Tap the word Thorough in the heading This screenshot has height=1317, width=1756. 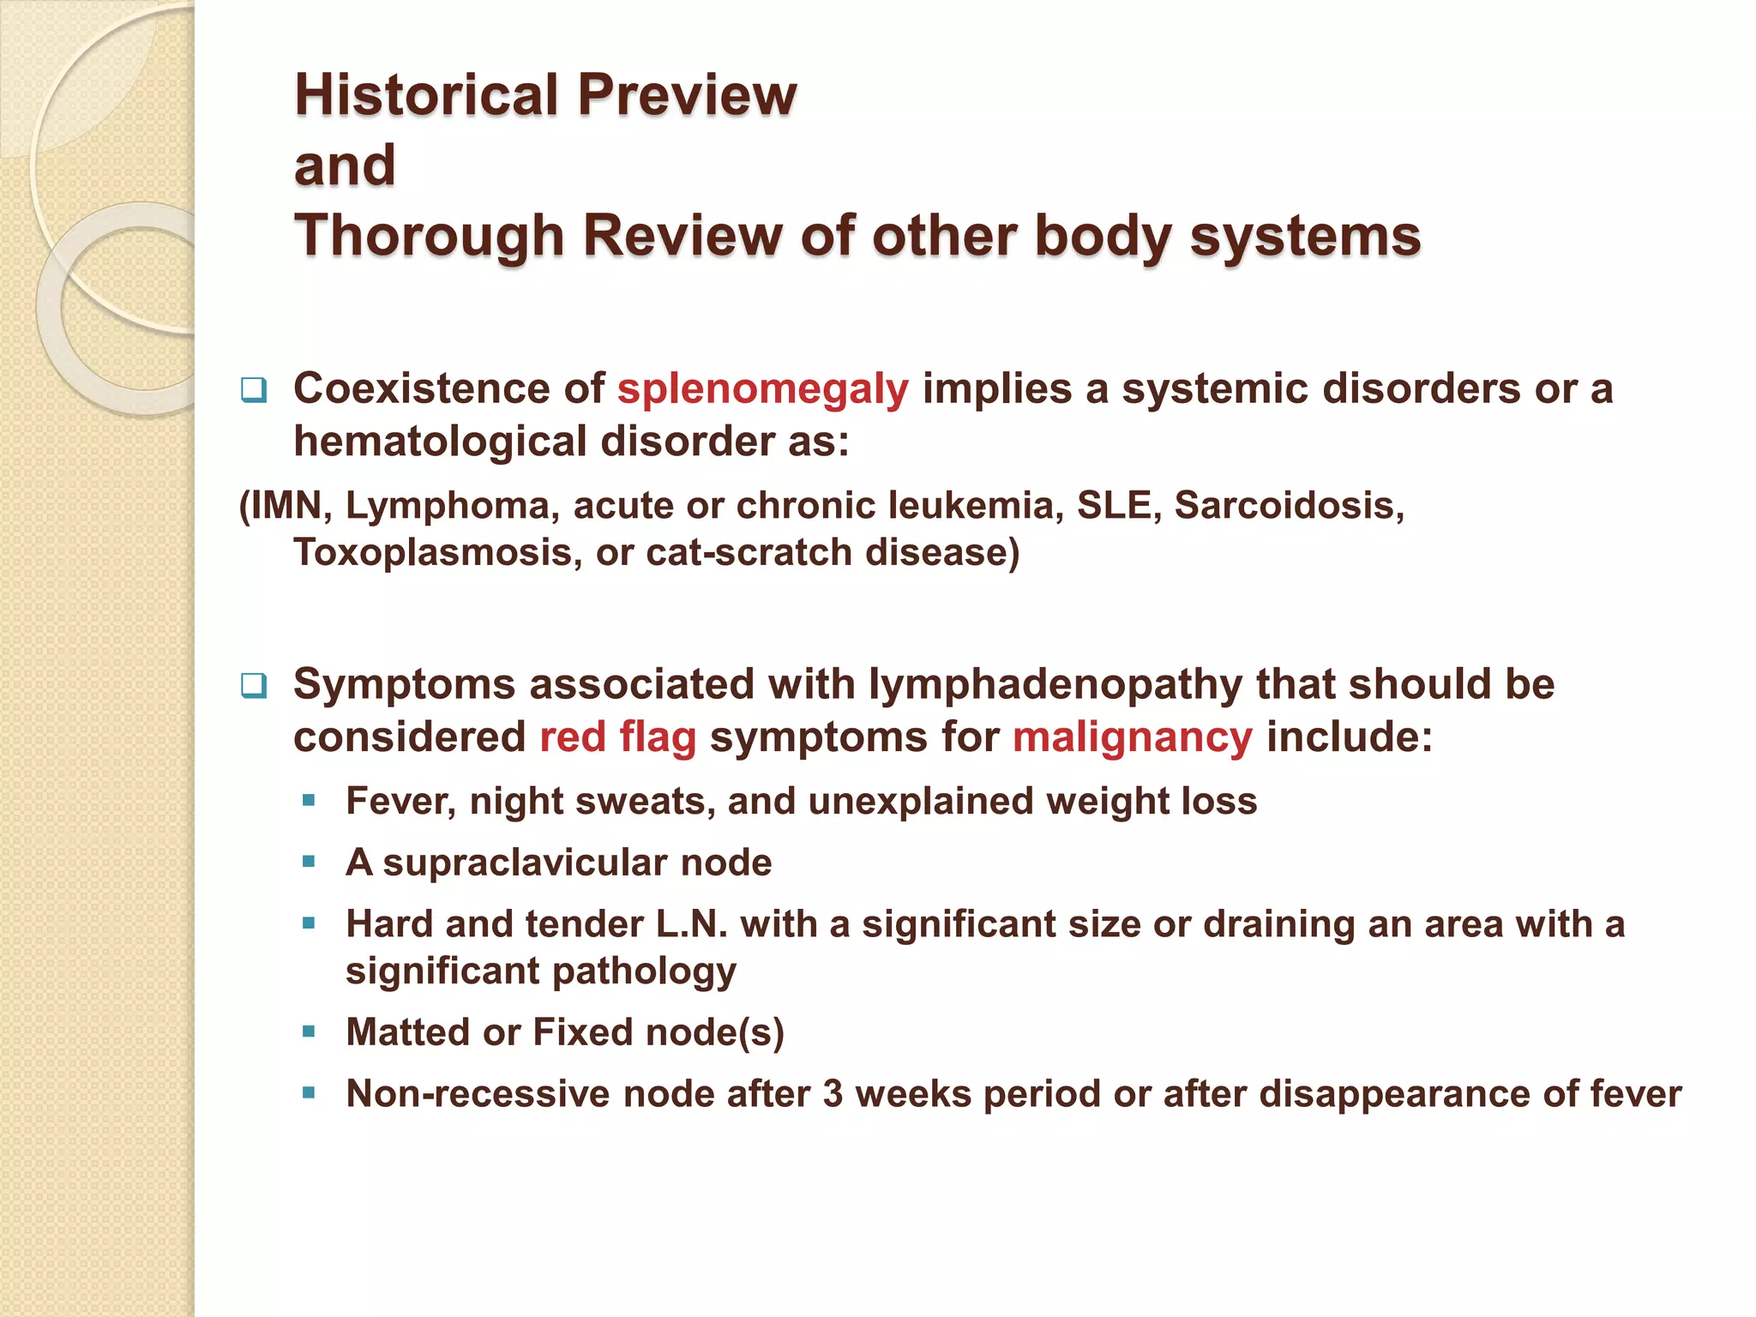pos(429,236)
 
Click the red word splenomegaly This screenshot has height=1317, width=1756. pos(762,389)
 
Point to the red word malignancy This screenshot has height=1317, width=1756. pos(1132,737)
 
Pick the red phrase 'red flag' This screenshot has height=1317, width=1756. pos(617,737)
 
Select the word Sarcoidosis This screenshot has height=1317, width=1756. pos(1289,505)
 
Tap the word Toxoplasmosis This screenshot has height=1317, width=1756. pos(432,552)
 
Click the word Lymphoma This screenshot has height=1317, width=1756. pos(452,505)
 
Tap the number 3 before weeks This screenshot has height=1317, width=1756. pos(833,1094)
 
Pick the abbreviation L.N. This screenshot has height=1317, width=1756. pos(691,924)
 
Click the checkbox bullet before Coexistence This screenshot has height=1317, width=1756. pos(254,391)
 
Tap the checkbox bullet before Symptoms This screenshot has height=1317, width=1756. pos(254,686)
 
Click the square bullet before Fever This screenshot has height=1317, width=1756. pos(310,801)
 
